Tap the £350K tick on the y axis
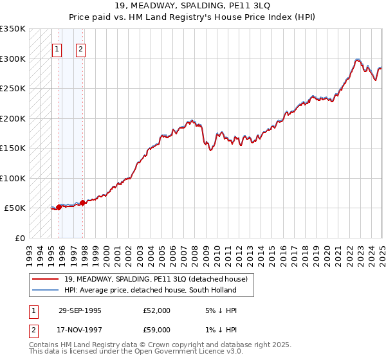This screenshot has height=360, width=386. [12, 29]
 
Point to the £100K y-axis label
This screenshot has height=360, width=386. [12, 178]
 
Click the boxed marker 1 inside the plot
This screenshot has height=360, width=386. [57, 48]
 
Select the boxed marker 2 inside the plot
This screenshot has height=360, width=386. [80, 48]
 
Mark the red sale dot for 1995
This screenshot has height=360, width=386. [59, 207]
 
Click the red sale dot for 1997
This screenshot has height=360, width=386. [82, 203]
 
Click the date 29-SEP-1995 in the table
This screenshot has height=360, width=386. [80, 310]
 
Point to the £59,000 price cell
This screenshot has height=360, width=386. [157, 330]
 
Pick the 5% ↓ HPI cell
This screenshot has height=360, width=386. [221, 310]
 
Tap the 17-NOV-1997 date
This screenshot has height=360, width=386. [80, 330]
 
